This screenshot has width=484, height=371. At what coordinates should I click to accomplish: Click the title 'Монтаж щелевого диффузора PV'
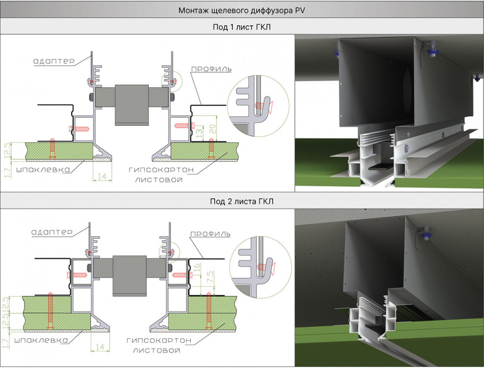point(242,10)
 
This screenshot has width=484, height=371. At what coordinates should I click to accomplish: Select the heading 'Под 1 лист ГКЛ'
point(242,27)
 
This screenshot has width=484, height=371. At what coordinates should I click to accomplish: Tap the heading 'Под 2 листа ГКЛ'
point(242,201)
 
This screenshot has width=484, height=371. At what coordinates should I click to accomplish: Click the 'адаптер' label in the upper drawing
point(54,61)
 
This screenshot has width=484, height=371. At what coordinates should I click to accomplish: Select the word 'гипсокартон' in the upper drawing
point(161,170)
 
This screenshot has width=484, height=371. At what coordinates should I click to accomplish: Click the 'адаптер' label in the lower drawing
point(54,232)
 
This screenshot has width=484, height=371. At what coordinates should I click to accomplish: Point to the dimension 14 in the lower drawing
point(100,347)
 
